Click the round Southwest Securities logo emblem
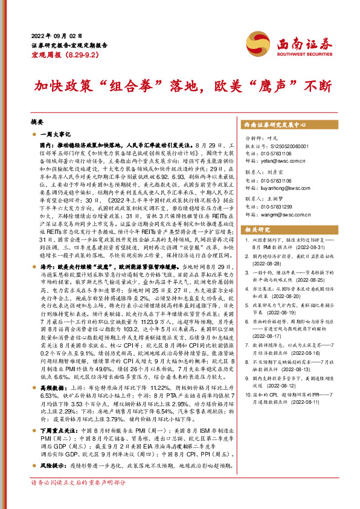[271, 44]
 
